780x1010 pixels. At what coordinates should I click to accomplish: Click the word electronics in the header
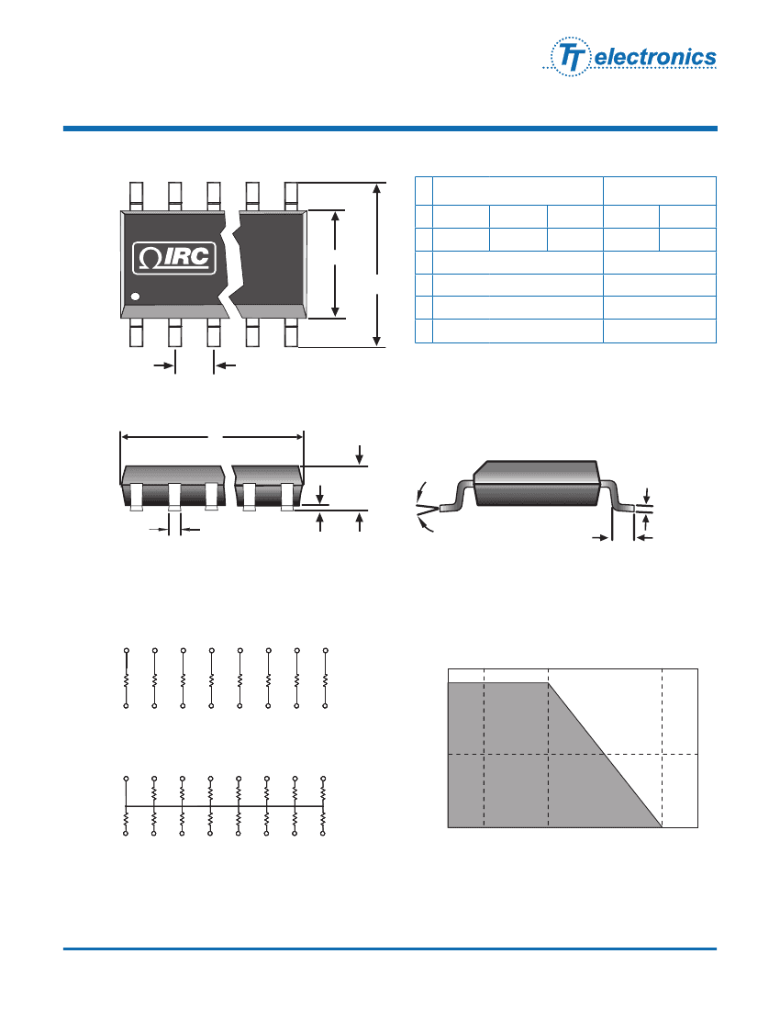coord(655,58)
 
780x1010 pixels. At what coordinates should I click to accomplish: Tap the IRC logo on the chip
coord(174,258)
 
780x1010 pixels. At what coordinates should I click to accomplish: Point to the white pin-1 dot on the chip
coord(135,297)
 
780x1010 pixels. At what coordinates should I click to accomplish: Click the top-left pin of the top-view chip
coord(136,195)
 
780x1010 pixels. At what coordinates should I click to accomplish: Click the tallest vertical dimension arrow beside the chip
coord(377,265)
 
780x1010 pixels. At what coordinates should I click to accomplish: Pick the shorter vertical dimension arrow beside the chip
coord(337,264)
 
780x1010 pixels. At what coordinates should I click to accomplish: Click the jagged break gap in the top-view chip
coord(233,262)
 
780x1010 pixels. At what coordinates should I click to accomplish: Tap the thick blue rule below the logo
coord(390,129)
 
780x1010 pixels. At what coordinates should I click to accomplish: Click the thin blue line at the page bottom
coord(390,948)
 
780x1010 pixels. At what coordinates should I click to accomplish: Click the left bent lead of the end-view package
coord(456,502)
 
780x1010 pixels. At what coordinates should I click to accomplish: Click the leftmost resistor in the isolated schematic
coord(127,680)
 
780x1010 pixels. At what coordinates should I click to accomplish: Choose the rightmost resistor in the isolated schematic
coord(325,680)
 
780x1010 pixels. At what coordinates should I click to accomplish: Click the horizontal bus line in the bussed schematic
coord(225,806)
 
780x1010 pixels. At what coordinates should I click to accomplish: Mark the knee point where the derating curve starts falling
coord(548,682)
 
